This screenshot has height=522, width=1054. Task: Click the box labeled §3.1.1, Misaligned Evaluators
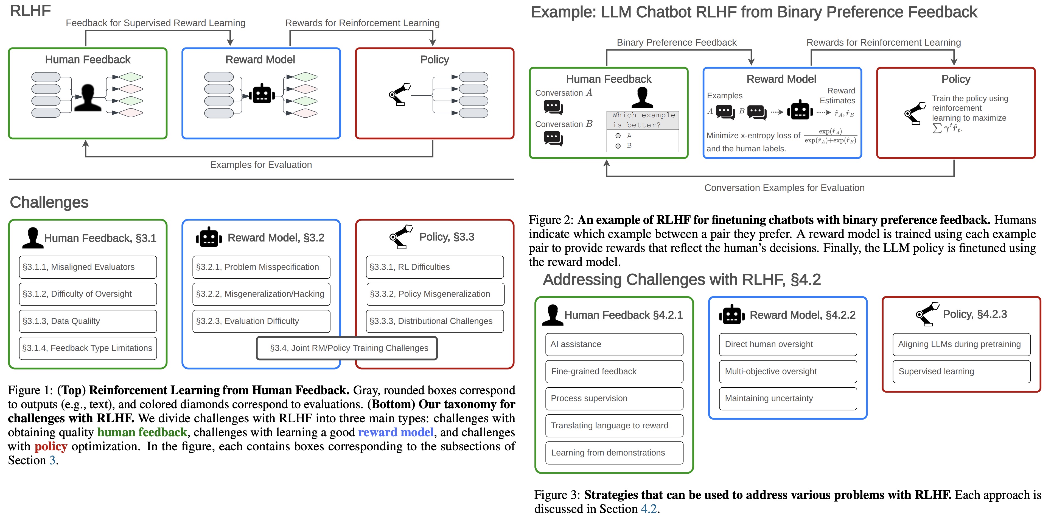tap(88, 267)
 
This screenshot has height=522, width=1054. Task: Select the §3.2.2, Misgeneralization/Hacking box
tap(261, 294)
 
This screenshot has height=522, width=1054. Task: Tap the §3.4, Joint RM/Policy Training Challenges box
tap(347, 348)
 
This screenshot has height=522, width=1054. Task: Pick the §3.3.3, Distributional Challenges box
tap(435, 321)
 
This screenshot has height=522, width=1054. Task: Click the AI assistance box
tap(614, 344)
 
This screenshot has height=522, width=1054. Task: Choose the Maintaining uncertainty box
tap(788, 398)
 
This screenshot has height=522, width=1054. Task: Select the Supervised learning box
tap(961, 371)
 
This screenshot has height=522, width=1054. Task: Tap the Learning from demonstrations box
tap(614, 452)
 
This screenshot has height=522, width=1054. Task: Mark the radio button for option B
tap(618, 146)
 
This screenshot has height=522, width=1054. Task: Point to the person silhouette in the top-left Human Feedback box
tap(87, 98)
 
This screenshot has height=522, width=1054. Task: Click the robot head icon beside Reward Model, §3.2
tap(209, 237)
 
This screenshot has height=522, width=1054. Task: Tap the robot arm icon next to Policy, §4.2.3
tap(927, 314)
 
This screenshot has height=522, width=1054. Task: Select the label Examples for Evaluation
tap(261, 165)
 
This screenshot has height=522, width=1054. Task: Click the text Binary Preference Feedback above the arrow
tap(676, 43)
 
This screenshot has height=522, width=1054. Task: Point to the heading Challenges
tap(49, 202)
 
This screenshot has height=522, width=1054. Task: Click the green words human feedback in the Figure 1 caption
tap(142, 432)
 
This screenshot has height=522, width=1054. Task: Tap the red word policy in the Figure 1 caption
tap(51, 446)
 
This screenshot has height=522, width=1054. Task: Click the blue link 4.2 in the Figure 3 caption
tap(649, 509)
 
